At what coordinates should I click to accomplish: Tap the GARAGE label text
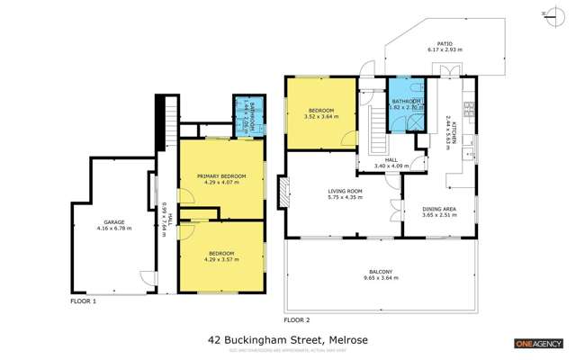coord(114,221)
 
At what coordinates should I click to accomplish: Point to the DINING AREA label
coord(439,209)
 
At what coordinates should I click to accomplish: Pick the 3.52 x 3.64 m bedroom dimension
coord(319,115)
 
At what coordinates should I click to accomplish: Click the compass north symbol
coord(560,13)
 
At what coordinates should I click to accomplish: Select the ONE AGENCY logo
coord(538,344)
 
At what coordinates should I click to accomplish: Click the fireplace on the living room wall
coord(284,190)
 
